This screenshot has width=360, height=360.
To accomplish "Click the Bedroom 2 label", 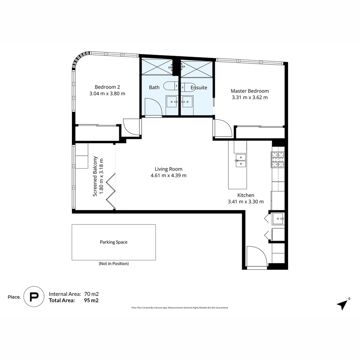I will click(107, 87).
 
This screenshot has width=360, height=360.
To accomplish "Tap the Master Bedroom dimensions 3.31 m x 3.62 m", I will click(250, 98).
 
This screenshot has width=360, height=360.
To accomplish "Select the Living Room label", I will click(168, 169).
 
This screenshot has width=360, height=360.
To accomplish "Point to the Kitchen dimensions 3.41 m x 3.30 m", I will click(246, 202).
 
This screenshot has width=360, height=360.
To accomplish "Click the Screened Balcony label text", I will click(95, 176).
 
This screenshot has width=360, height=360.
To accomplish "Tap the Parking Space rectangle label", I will click(113, 242).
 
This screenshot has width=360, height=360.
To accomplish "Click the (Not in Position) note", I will click(113, 264).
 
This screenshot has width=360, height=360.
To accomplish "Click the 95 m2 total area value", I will click(91, 300).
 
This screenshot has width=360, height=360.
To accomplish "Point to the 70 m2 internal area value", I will click(91, 294).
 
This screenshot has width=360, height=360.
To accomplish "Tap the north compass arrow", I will click(342, 304).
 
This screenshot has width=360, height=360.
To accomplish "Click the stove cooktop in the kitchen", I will click(278, 159).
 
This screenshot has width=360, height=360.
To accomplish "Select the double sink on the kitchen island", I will click(240, 160).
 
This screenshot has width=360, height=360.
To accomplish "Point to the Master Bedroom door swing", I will click(222, 128).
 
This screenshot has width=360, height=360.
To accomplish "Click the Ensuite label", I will click(199, 88).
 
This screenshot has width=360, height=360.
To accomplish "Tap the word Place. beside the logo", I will click(14, 297).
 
